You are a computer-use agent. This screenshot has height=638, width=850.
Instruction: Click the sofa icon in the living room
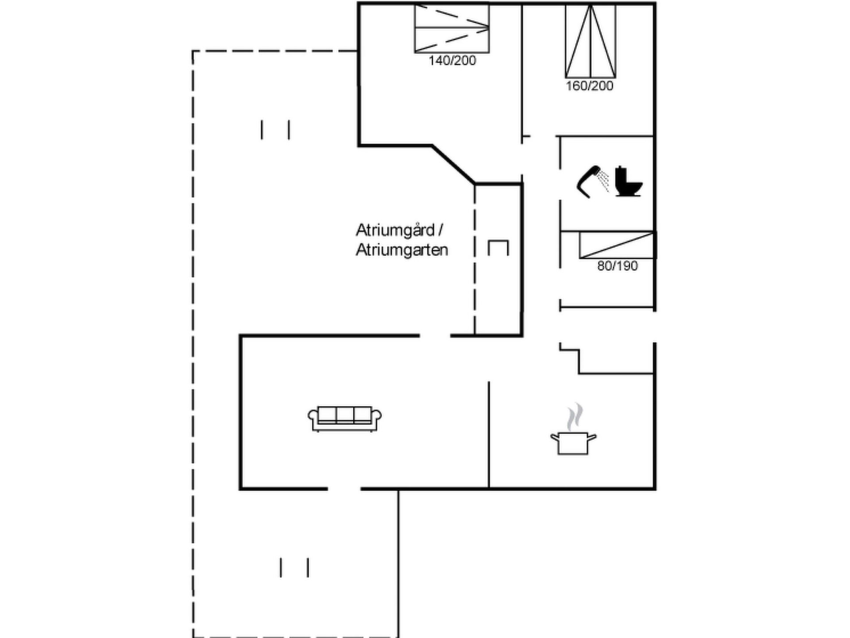pyautogui.click(x=344, y=419)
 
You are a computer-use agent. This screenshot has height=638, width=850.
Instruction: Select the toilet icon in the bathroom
pyautogui.click(x=629, y=181)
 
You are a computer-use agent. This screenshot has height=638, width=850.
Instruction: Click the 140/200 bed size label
pyautogui.click(x=452, y=61)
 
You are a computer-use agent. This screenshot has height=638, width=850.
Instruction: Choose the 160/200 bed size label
pyautogui.click(x=589, y=86)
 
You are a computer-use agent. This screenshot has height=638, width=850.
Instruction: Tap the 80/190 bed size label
pyautogui.click(x=618, y=266)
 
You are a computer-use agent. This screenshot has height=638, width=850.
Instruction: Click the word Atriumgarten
pyautogui.click(x=402, y=250)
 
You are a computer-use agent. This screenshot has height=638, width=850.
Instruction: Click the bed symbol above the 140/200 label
pyautogui.click(x=452, y=28)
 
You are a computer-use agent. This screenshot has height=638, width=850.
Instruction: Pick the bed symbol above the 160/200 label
pyautogui.click(x=591, y=41)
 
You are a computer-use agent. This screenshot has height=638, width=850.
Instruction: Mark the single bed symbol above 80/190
pyautogui.click(x=617, y=245)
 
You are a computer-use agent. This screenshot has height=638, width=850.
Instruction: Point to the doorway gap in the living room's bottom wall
pyautogui.click(x=344, y=489)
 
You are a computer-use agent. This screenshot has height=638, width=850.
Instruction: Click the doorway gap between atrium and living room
pyautogui.click(x=435, y=336)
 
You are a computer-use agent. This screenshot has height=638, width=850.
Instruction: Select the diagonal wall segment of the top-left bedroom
pyautogui.click(x=453, y=164)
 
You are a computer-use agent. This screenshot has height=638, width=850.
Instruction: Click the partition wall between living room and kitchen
pyautogui.click(x=489, y=435)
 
